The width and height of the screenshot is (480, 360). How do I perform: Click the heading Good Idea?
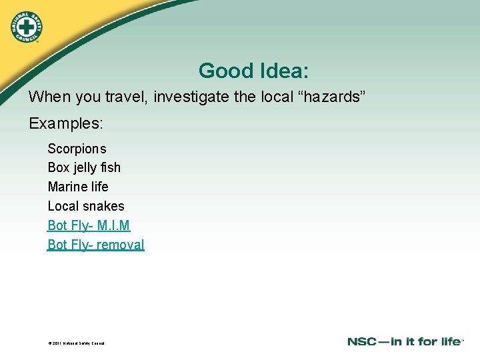coord(253,70)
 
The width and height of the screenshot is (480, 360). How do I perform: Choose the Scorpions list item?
coord(77,149)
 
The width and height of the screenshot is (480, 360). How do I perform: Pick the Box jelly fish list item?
coord(84,167)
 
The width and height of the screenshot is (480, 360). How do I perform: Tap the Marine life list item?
coord(78,187)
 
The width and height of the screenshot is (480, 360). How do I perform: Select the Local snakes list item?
coord(86,206)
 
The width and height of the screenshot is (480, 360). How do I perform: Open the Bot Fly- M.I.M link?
coord(89,225)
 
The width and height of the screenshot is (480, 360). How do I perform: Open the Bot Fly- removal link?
coord(96,245)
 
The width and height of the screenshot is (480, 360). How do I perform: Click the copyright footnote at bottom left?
coord(76,343)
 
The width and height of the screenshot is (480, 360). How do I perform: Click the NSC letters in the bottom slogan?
coord(363,342)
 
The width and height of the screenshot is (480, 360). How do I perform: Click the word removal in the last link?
coord(120,245)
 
